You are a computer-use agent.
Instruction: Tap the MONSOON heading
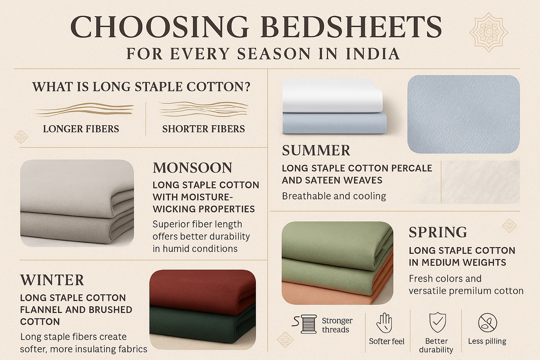pyautogui.click(x=192, y=168)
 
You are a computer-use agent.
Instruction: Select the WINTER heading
pyautogui.click(x=52, y=280)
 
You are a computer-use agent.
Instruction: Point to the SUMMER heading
pyautogui.click(x=316, y=150)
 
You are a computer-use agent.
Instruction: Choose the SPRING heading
pyautogui.click(x=438, y=232)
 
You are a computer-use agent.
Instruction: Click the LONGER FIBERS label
pyautogui.click(x=81, y=129)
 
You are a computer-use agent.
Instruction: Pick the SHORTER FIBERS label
pyautogui.click(x=203, y=129)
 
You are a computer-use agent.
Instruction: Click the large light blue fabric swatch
pyautogui.click(x=463, y=114)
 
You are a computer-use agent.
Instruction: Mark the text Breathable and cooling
pyautogui.click(x=334, y=196)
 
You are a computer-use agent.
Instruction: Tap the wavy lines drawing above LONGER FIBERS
pyautogui.click(x=84, y=109)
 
